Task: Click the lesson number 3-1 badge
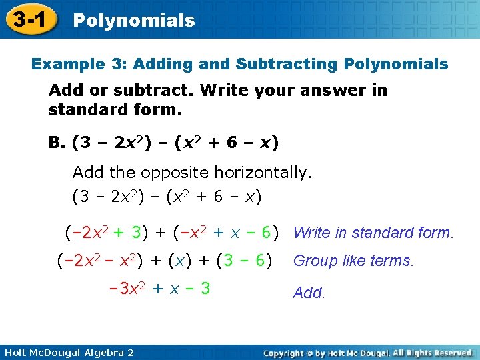click(28, 19)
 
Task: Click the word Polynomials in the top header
click(133, 21)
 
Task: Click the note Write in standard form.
click(373, 233)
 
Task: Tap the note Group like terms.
click(353, 261)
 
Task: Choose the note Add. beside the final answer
click(309, 293)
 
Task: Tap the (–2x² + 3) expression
click(106, 232)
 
